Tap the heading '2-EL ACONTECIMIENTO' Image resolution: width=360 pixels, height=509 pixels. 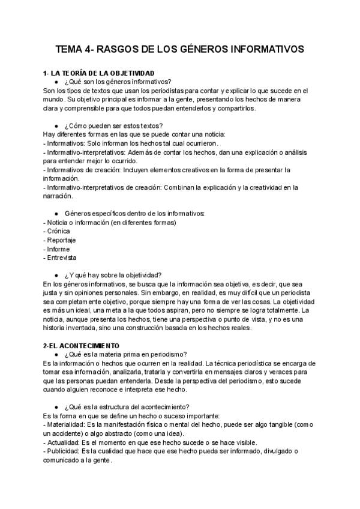pyautogui.click(x=80, y=346)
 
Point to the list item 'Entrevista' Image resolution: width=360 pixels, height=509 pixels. pyautogui.click(x=61, y=258)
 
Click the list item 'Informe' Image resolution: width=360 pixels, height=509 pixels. pyautogui.click(x=58, y=249)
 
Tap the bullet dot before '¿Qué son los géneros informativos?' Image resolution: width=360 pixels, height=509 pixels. pyautogui.click(x=55, y=82)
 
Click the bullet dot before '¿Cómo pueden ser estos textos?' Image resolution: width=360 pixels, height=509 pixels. pyautogui.click(x=55, y=126)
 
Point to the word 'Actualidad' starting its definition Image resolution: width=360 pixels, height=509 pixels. pyautogui.click(x=62, y=443)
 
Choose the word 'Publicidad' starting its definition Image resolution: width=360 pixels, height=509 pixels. pyautogui.click(x=62, y=451)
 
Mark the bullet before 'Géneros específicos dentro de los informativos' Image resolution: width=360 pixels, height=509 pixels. pyautogui.click(x=55, y=214)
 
